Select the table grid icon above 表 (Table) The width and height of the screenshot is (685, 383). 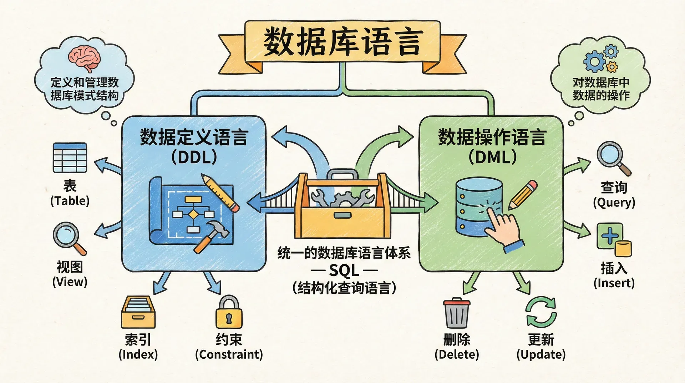click(x=70, y=158)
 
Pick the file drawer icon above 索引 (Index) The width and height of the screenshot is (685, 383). click(x=138, y=312)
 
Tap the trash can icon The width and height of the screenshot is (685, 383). click(x=456, y=313)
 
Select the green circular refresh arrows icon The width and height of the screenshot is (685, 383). click(x=541, y=312)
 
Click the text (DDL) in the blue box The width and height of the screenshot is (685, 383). click(x=194, y=157)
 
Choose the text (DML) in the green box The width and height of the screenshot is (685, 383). click(x=492, y=157)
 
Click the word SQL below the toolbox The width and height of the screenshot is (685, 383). click(x=344, y=270)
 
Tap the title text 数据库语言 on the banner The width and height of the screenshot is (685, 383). click(x=343, y=42)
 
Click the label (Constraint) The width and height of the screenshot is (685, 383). click(x=229, y=354)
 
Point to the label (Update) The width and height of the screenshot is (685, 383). click(x=541, y=354)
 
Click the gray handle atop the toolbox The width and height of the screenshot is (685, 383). click(x=342, y=175)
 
